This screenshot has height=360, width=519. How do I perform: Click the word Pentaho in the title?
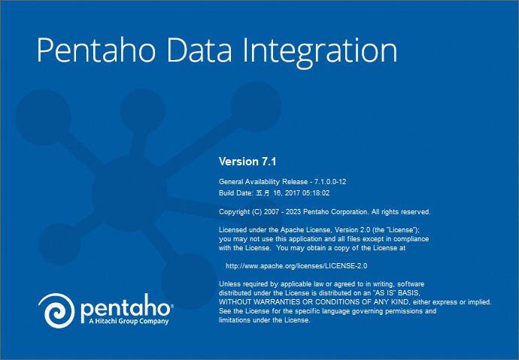[96, 50]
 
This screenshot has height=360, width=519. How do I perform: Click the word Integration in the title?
[320, 53]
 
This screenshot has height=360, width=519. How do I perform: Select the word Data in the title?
[199, 50]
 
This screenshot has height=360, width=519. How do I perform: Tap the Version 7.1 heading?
[247, 162]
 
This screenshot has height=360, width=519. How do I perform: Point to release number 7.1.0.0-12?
[330, 181]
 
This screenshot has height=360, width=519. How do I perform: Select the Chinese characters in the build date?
[263, 193]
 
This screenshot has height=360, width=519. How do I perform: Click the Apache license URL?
[296, 266]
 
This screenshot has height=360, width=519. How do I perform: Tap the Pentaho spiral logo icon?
[56, 310]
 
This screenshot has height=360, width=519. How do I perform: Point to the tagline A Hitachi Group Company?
[129, 322]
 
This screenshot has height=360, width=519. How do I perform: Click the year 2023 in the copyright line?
[293, 212]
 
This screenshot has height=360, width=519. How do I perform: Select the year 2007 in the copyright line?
[272, 212]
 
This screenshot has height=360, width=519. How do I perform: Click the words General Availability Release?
[263, 182]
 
